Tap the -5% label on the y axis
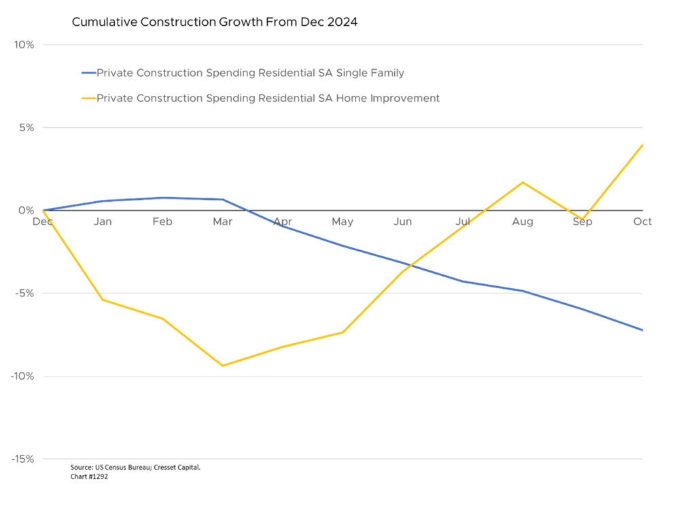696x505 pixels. tap(24, 294)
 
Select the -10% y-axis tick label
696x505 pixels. tap(22, 377)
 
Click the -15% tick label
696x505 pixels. tap(22, 459)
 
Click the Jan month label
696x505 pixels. tap(103, 222)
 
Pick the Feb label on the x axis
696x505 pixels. tap(162, 222)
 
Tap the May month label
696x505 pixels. tap(343, 222)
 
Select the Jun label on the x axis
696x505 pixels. tap(402, 222)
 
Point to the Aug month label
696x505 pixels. tap(522, 222)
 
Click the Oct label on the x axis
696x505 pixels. tap(642, 222)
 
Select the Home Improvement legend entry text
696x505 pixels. tap(268, 99)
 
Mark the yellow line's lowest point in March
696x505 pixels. tap(222, 366)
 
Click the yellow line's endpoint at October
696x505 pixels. tap(643, 144)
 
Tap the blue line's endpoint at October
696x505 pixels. tap(643, 330)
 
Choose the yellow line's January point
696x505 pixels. tap(103, 299)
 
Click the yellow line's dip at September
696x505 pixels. tap(582, 219)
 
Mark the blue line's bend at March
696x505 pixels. tap(222, 199)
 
